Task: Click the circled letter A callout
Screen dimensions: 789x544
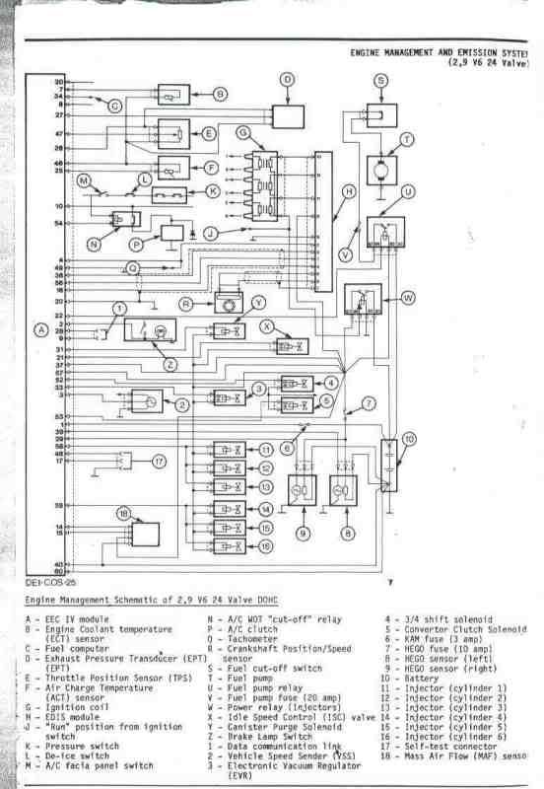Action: click(x=40, y=329)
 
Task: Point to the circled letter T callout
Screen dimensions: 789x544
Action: click(x=407, y=140)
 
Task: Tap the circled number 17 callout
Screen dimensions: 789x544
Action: click(x=159, y=461)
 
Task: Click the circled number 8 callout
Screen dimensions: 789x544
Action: click(x=347, y=534)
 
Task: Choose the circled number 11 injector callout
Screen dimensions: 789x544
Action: click(x=266, y=449)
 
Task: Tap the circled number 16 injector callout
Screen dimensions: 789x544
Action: click(x=266, y=544)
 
